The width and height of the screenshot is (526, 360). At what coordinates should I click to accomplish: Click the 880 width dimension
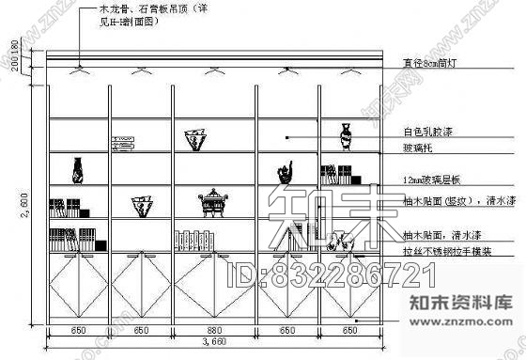click(x=214, y=330)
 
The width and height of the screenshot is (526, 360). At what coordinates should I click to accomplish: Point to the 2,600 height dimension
click(x=27, y=204)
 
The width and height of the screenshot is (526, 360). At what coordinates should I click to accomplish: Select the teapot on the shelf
click(x=285, y=173)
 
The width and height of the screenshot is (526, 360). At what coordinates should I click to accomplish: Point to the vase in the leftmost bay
click(x=78, y=169)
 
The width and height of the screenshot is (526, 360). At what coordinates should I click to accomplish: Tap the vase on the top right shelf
click(x=345, y=136)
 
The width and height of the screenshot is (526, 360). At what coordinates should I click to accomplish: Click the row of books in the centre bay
click(x=195, y=240)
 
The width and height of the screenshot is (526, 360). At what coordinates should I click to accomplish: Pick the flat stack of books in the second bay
click(x=125, y=142)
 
